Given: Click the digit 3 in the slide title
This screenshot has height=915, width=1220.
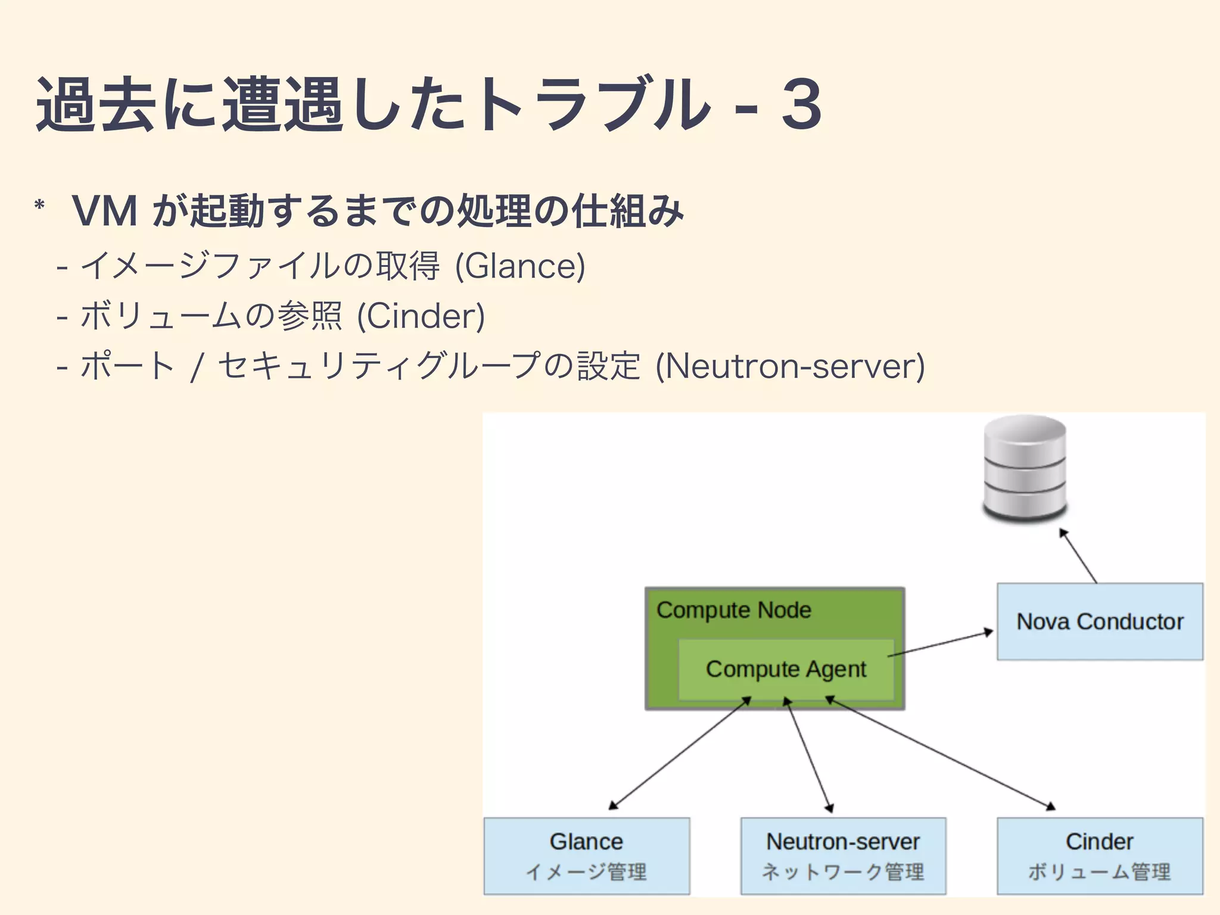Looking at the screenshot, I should tap(801, 105).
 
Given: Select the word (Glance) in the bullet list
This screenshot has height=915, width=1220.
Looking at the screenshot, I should tap(520, 266).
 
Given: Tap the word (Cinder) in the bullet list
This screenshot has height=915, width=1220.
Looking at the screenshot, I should tap(421, 316).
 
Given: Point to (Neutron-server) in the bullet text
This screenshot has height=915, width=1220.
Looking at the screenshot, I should tap(790, 366).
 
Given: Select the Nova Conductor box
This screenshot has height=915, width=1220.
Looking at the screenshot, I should tap(1100, 621).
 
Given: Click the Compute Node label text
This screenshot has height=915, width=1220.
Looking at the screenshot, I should tap(733, 610).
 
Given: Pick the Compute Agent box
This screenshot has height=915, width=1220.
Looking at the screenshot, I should tap(786, 670).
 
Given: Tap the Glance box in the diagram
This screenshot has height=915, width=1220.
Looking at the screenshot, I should tap(586, 855).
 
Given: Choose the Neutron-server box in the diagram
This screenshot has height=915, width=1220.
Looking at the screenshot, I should tap(843, 855).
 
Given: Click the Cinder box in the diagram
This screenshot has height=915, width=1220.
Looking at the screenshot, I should tap(1100, 855).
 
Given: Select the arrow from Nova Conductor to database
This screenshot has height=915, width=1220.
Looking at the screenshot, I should tap(1078, 556).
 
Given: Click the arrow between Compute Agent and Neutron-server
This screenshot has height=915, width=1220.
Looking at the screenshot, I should tap(809, 755).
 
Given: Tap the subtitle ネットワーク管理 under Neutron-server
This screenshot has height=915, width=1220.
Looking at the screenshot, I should tap(843, 872).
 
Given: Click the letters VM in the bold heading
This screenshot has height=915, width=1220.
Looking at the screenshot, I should tap(105, 211).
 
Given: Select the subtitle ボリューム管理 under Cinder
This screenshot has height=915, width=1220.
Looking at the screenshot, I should tap(1100, 872).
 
